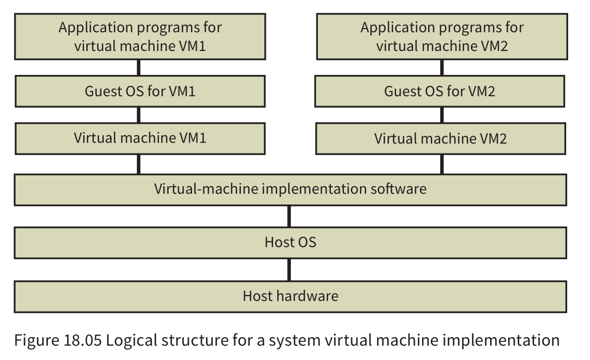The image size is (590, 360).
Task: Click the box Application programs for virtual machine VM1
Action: coord(140,36)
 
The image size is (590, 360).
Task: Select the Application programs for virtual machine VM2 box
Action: coord(442,36)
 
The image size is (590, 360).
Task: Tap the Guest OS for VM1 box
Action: coord(140,92)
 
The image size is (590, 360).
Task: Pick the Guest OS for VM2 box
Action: coord(440,92)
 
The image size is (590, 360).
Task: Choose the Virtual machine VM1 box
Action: coord(140,138)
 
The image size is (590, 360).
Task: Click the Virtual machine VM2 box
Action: coord(440,138)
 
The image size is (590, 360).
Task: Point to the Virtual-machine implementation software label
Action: coord(290,188)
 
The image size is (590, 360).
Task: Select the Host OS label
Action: coord(290,242)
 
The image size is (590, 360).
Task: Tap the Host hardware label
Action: coord(290,296)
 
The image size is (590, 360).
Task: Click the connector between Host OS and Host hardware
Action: coord(289,269)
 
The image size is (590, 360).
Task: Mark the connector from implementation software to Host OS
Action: coord(289,216)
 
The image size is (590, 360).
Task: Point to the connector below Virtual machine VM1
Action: coord(138,164)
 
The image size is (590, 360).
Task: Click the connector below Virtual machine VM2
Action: coord(442,164)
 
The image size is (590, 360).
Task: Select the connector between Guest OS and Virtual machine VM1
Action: coord(138,115)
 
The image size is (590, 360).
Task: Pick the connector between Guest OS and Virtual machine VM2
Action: coord(442,115)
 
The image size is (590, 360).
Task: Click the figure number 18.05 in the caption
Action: coord(80,341)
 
